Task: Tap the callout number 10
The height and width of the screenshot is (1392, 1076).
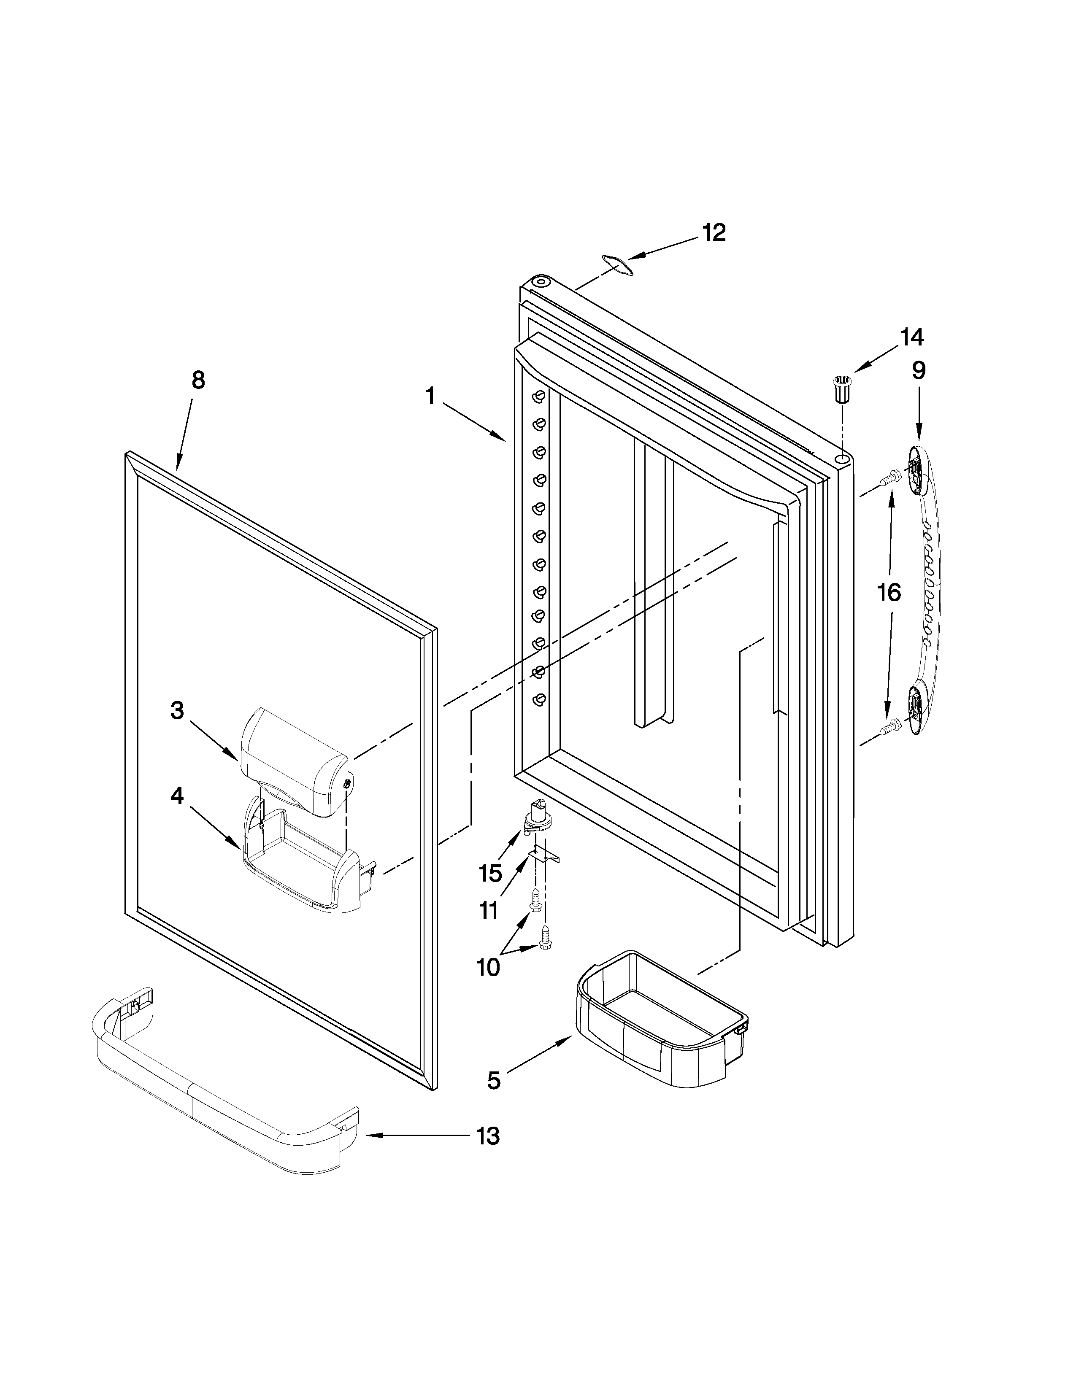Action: tap(488, 968)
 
